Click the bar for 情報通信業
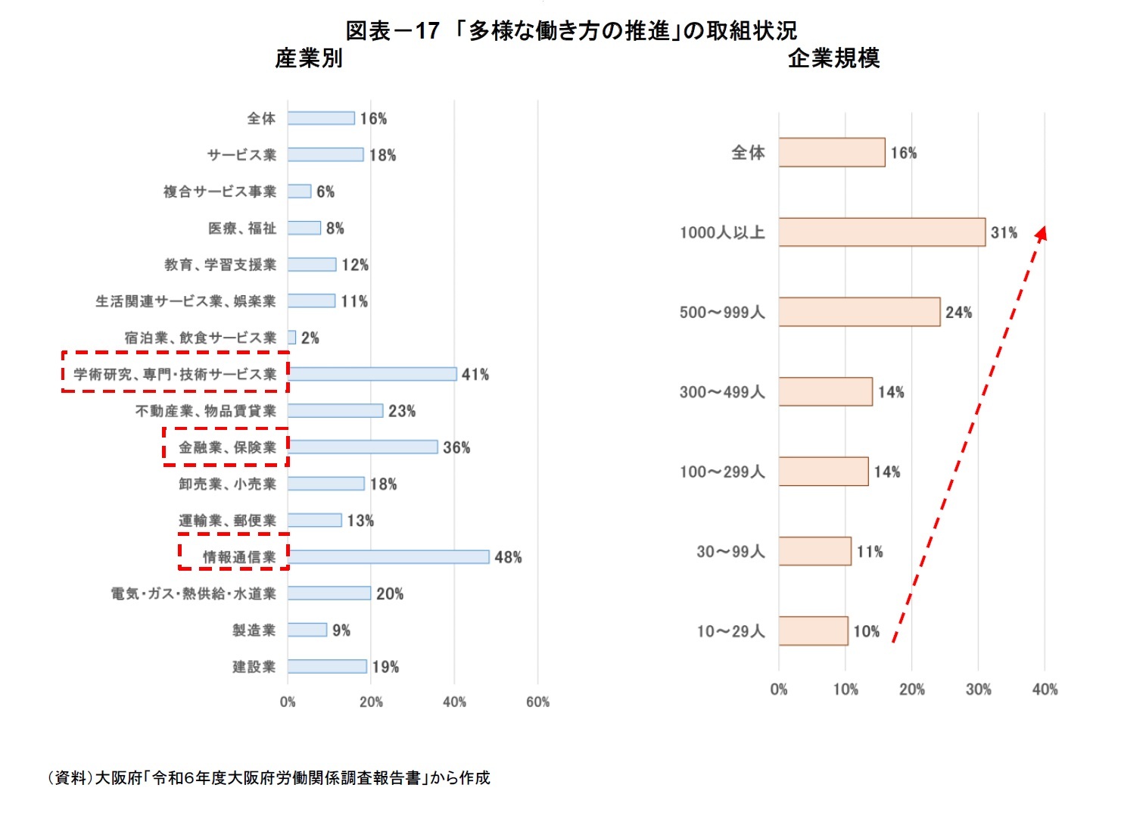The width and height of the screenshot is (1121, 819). tap(388, 557)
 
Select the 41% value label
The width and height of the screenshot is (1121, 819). tap(475, 375)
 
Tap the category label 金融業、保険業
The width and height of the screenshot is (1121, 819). tap(227, 447)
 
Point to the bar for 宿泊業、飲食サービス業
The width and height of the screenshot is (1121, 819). tap(292, 338)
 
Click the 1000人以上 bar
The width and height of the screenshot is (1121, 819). tap(882, 232)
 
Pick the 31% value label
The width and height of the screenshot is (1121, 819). tap(1004, 233)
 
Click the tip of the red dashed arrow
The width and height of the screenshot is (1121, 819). tap(1044, 229)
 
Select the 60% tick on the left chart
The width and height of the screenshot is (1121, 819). tap(537, 702)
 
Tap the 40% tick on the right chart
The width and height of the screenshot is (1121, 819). tap(1045, 690)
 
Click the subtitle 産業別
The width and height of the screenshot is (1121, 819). tap(309, 58)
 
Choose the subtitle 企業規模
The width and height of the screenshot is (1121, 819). tap(833, 58)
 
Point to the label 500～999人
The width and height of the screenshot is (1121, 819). tap(722, 313)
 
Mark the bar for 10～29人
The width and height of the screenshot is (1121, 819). tap(813, 631)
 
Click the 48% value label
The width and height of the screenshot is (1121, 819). tap(508, 558)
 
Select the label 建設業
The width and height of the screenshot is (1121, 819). tap(254, 667)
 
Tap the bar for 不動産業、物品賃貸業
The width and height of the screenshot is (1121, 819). tap(335, 411)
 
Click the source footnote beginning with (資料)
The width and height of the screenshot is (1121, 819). tap(269, 778)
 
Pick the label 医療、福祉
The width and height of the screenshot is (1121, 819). tap(242, 229)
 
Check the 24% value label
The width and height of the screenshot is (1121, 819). tap(958, 313)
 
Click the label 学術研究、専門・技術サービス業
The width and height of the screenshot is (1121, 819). tap(175, 375)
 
